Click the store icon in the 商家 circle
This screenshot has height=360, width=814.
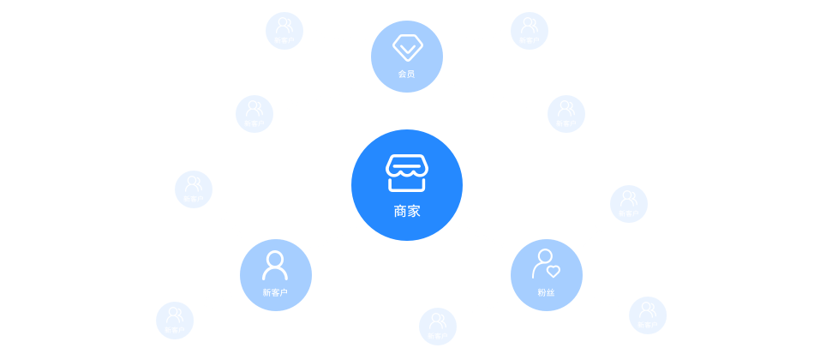coord(406,172)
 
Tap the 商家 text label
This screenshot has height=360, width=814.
coord(407,211)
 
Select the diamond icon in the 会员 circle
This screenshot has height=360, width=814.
coord(407,46)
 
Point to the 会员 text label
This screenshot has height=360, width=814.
coord(407,74)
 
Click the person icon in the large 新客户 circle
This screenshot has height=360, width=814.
coord(275,266)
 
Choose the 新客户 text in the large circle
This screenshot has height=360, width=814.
coord(275,292)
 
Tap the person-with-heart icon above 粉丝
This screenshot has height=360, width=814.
coord(546,264)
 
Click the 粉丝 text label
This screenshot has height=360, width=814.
coord(546,292)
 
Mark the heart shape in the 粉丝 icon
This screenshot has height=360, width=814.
coord(554,272)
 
